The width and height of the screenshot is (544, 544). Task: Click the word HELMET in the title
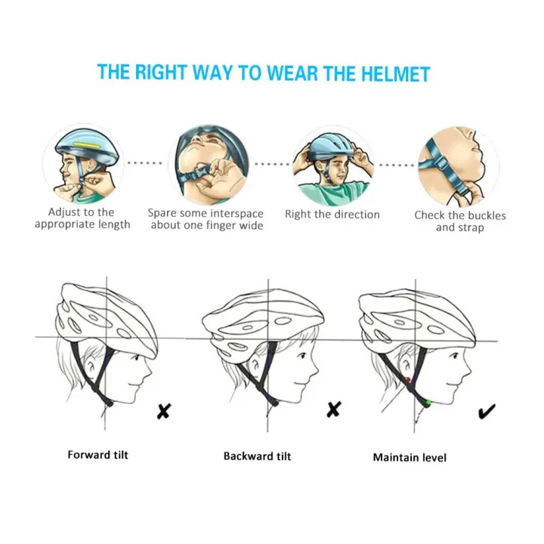[395, 73]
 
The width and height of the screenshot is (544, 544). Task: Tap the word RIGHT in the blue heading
[161, 72]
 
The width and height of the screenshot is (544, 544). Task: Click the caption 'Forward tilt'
[97, 455]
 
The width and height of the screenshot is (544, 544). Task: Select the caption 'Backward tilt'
[257, 456]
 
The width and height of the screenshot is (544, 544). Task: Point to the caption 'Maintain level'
[410, 457]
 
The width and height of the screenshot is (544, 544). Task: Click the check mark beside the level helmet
[487, 412]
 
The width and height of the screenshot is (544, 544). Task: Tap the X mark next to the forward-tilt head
[164, 411]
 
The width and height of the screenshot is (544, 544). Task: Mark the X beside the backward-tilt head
[334, 410]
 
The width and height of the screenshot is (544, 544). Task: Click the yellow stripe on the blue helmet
[87, 144]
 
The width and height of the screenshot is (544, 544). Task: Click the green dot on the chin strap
[428, 403]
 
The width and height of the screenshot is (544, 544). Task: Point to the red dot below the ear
[407, 380]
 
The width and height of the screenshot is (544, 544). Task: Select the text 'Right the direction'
[332, 215]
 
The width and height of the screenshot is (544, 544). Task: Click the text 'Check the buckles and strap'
[460, 221]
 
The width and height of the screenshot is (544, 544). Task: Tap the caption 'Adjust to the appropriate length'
[82, 218]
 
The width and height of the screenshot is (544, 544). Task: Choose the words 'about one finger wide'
[207, 225]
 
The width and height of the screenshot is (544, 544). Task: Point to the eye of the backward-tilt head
[302, 355]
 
